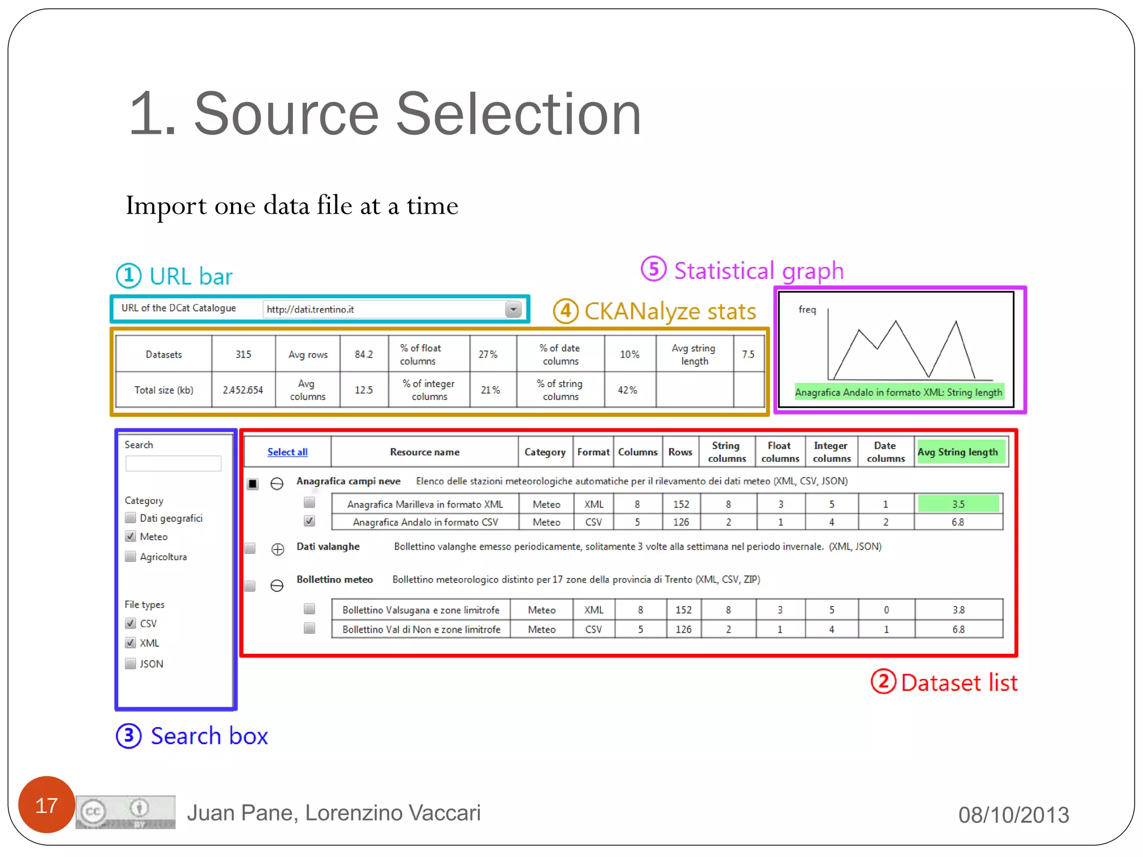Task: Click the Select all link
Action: [287, 452]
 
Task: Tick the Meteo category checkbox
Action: [131, 537]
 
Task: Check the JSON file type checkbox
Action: [131, 663]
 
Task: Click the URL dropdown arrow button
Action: [513, 309]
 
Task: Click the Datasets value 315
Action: [243, 354]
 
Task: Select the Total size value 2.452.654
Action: [243, 390]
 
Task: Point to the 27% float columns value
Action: [488, 354]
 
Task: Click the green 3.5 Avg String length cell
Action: [958, 504]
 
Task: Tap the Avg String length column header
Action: [958, 452]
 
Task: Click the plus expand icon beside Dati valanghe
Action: [277, 549]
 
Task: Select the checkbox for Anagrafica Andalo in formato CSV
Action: [309, 521]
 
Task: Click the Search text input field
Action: [173, 463]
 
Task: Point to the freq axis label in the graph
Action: [807, 310]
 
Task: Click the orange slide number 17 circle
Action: [46, 805]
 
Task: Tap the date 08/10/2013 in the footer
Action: [1014, 815]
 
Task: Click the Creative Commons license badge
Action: [126, 812]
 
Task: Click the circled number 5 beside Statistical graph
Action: [653, 269]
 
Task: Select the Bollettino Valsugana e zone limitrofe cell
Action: [421, 610]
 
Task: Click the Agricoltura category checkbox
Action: [131, 556]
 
